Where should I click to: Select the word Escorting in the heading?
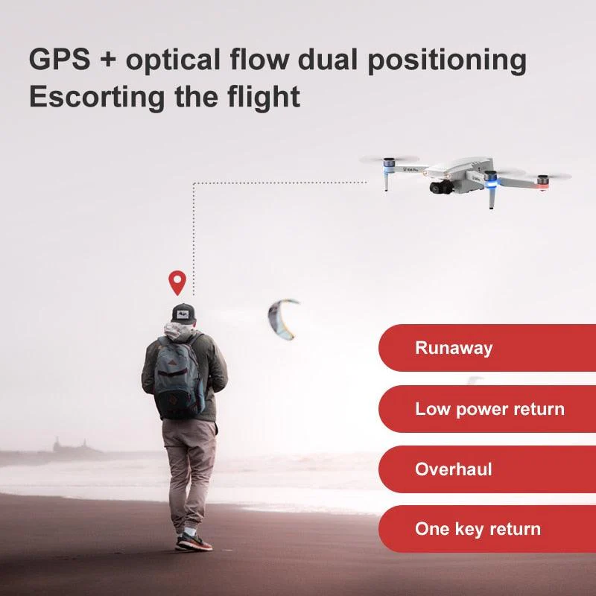[x=93, y=98]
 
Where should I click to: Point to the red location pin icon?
[x=176, y=282]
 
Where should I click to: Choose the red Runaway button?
[x=484, y=348]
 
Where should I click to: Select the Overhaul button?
[x=484, y=469]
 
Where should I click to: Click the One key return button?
[x=484, y=530]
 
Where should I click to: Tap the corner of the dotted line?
[x=194, y=182]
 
